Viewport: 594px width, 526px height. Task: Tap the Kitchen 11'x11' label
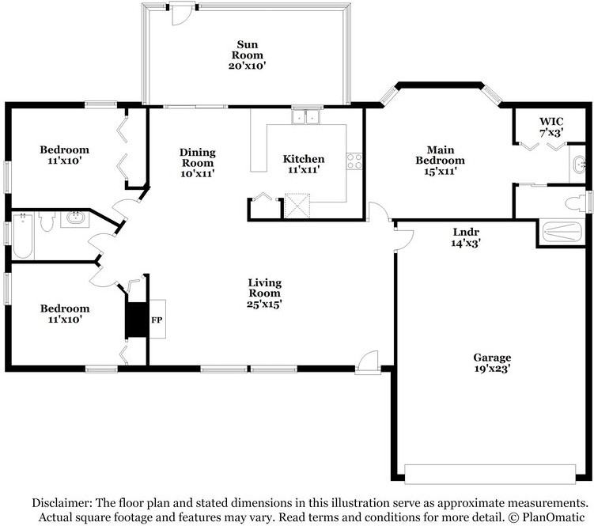coord(304,164)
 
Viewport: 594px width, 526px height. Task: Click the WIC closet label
coord(550,127)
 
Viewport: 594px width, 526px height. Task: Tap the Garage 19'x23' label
coord(492,362)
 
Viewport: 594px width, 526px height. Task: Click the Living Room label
coord(265,293)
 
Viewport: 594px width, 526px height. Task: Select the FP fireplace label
coord(157,320)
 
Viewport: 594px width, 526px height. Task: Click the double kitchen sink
coord(305,118)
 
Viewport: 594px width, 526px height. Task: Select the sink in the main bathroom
coord(580,165)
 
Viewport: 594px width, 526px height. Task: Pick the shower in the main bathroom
coord(563,232)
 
